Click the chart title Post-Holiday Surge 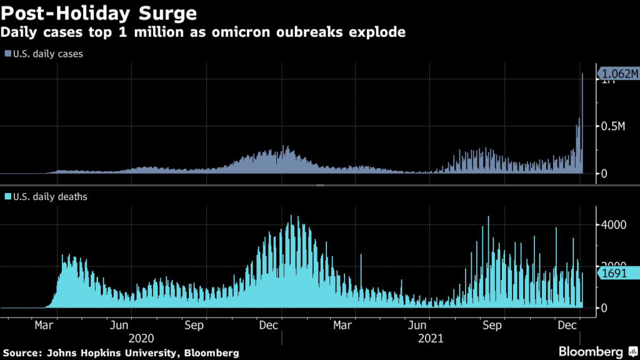(x=99, y=12)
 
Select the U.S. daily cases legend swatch (x=7, y=54)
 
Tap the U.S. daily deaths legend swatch (x=7, y=197)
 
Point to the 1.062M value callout (x=617, y=73)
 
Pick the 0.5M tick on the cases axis (x=612, y=126)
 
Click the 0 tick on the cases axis (x=604, y=173)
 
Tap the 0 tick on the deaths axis (x=604, y=307)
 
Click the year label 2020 (x=141, y=338)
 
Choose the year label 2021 (x=430, y=338)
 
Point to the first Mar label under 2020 (x=43, y=325)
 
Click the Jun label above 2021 (x=417, y=325)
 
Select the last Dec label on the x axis (x=567, y=325)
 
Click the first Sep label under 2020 (x=194, y=325)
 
